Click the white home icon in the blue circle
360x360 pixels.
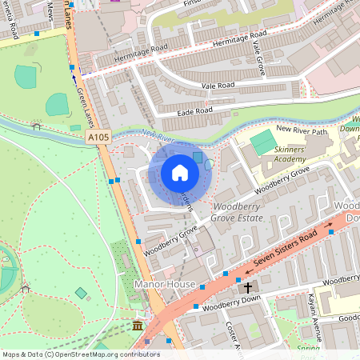(180, 173)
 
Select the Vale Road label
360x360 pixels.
(217, 83)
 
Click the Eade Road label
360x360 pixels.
(195, 110)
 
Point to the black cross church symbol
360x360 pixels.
(248, 286)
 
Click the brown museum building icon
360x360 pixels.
(138, 326)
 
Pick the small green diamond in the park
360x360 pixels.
(80, 293)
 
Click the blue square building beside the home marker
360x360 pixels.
(198, 158)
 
